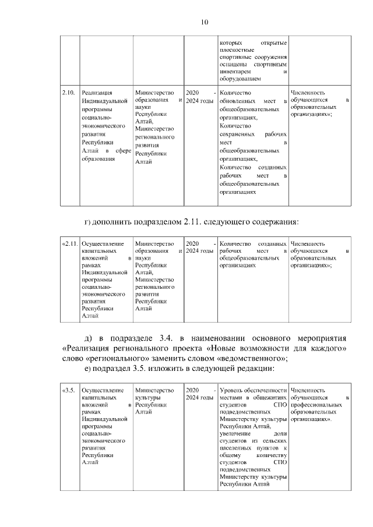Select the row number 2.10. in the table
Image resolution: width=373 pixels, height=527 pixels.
pos(68,93)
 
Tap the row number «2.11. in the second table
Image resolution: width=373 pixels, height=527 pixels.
pos(69,243)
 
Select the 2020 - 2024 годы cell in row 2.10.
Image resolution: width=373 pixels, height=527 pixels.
pos(199,97)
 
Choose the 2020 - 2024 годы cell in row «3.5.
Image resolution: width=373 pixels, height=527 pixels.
pos(199,393)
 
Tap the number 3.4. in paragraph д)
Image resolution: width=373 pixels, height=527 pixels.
pos(167,338)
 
